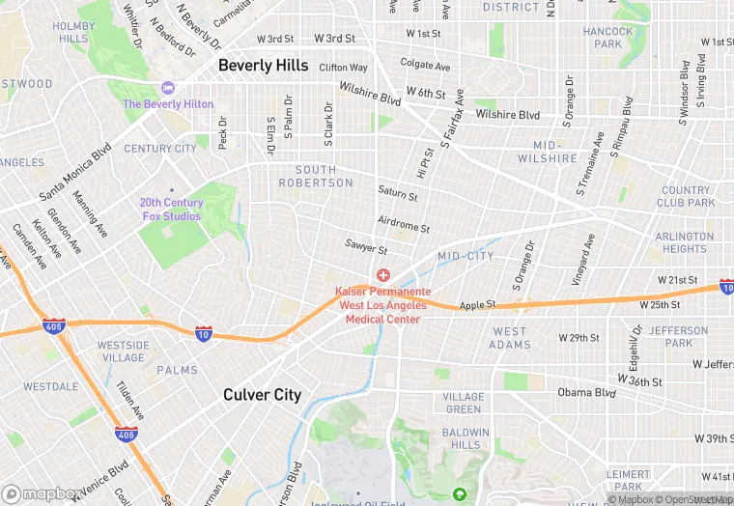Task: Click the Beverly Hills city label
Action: click(x=263, y=66)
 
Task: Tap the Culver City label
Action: click(x=262, y=394)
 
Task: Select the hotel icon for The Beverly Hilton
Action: click(x=168, y=89)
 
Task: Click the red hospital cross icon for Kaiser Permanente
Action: click(x=383, y=276)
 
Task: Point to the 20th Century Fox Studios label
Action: click(x=171, y=210)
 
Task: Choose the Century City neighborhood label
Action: click(x=160, y=149)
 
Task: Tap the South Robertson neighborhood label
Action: click(x=308, y=176)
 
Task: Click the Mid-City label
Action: click(x=466, y=256)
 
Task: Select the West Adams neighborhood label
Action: click(x=509, y=338)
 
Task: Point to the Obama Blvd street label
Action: click(x=586, y=393)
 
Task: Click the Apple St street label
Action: click(x=478, y=305)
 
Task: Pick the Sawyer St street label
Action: click(x=366, y=247)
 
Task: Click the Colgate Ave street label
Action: click(x=426, y=67)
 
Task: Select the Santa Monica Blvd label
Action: click(x=75, y=174)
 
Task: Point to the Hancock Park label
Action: click(x=608, y=38)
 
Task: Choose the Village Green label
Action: click(x=464, y=403)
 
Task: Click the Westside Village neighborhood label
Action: click(x=123, y=351)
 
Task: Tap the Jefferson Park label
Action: click(x=671, y=336)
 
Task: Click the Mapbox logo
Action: click(x=41, y=493)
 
